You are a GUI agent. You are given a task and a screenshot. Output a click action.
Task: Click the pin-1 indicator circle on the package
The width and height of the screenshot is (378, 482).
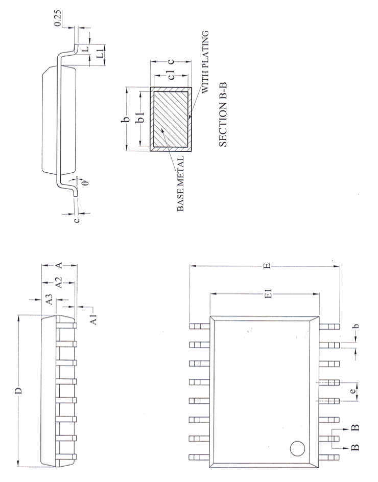tap(297, 449)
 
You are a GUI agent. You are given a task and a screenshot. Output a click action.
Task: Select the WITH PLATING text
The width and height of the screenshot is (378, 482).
tap(205, 61)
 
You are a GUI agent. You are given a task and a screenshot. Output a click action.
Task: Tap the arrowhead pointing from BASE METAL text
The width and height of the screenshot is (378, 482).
tap(162, 130)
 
